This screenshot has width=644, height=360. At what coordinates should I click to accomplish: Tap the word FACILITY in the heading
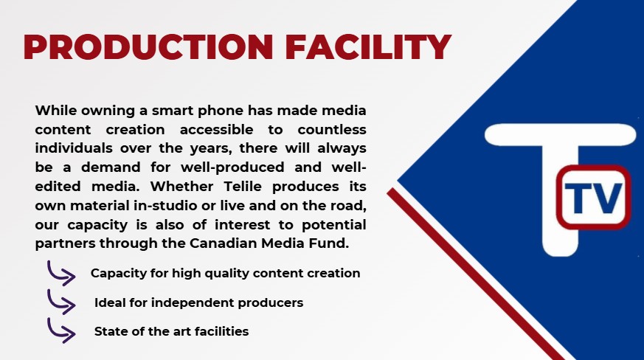coord(368,47)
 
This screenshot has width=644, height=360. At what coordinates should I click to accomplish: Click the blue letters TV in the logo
coord(593,198)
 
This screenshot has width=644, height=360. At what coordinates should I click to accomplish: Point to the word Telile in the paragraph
coord(243,186)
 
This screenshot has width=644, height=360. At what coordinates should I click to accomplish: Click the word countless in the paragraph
coord(332,129)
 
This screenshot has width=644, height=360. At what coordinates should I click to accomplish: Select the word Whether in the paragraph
coord(182,186)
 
